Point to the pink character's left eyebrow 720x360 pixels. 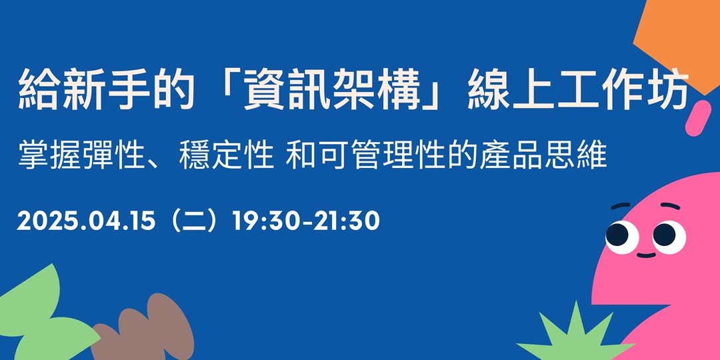coord(621,207)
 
